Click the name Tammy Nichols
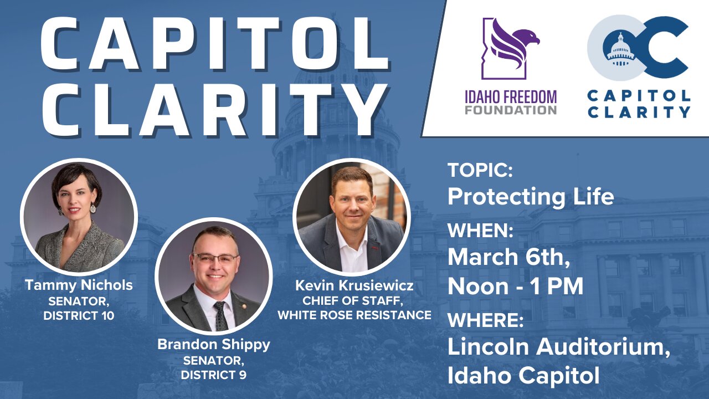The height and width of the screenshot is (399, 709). coord(79,285)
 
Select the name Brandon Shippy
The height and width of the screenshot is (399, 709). coord(214,345)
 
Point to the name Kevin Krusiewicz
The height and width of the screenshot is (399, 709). coord(354,285)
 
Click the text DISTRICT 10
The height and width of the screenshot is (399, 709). coord(79,316)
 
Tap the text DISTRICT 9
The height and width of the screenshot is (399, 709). coord(214,375)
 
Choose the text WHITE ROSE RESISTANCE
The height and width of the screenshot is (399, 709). coord(354,315)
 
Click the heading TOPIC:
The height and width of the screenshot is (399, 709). coord(480,170)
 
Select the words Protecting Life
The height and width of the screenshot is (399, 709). coord(531,196)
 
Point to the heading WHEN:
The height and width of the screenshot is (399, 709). coord(480,230)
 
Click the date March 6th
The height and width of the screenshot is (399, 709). coord(509,257)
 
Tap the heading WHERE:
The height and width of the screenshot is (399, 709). coord(486,320)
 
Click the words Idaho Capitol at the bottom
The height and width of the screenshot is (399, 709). coord(523,376)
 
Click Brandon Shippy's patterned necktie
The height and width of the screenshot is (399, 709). coord(220,316)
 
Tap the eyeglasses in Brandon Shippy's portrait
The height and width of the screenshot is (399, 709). coord(215,259)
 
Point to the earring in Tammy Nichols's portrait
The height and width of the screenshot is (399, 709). coord(93,208)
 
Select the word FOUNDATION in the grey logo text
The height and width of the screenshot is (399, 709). coord(511,110)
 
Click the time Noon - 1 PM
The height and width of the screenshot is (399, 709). coord(516,287)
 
